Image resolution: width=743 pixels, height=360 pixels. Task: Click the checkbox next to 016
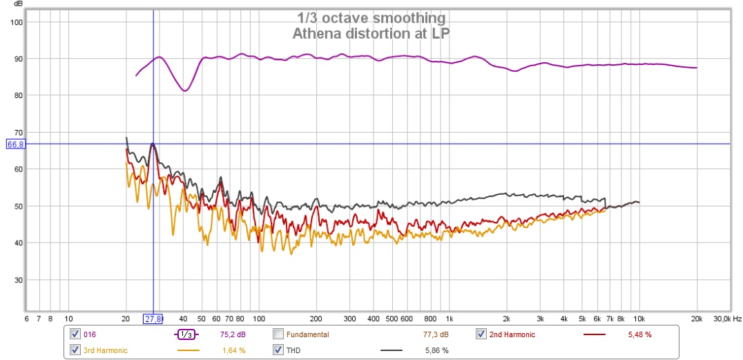[75, 334]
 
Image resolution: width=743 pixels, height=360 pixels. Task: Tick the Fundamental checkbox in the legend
[278, 334]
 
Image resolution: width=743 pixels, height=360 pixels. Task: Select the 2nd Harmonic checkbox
[481, 334]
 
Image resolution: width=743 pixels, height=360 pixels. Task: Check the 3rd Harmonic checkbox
[75, 350]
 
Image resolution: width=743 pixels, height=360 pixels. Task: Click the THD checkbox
[278, 350]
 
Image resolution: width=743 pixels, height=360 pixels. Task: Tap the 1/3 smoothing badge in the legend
[185, 334]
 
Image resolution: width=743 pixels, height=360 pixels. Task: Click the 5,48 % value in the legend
[639, 334]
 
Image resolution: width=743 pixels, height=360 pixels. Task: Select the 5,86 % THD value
[436, 350]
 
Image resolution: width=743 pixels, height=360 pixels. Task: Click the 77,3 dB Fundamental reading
[436, 334]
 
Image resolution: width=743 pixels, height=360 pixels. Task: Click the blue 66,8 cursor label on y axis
[15, 144]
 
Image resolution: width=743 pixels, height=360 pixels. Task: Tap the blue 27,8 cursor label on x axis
[153, 319]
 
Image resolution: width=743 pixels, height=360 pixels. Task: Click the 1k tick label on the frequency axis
[449, 319]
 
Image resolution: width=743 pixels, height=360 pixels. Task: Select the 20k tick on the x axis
[697, 319]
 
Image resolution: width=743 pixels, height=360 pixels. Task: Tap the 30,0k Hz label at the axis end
[727, 319]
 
